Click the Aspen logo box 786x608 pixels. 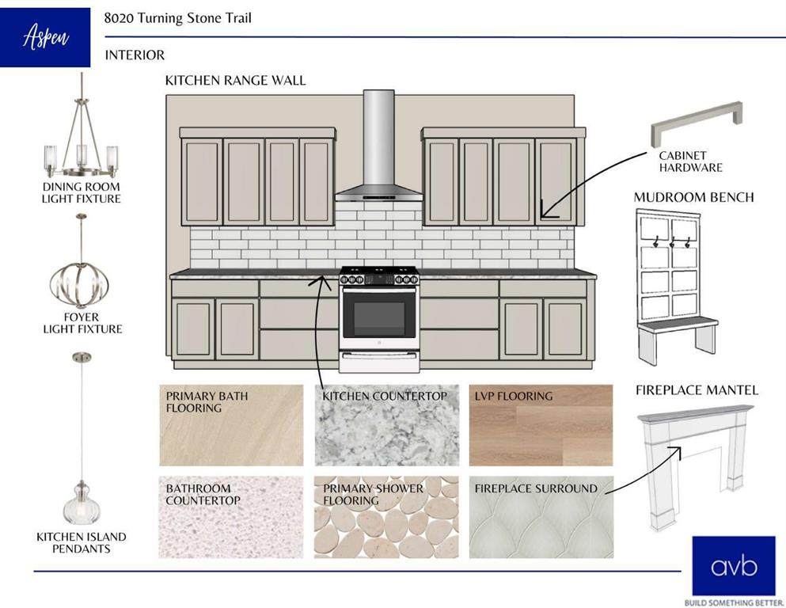pyautogui.click(x=45, y=37)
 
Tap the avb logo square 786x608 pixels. pyautogui.click(x=722, y=565)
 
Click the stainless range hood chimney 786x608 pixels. pyautogui.click(x=378, y=138)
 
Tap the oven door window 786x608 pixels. pyautogui.click(x=379, y=318)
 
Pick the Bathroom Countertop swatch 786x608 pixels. pyautogui.click(x=231, y=517)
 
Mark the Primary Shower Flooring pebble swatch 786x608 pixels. pyautogui.click(x=386, y=517)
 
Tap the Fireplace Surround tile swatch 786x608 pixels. pyautogui.click(x=541, y=517)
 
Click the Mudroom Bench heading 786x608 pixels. pyautogui.click(x=693, y=197)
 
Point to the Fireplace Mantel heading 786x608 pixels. pyautogui.click(x=697, y=390)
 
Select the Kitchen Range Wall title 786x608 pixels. pyautogui.click(x=235, y=81)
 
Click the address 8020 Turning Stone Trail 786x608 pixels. pyautogui.click(x=178, y=17)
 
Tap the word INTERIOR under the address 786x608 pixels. pyautogui.click(x=135, y=55)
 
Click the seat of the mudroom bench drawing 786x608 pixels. pyautogui.click(x=677, y=324)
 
